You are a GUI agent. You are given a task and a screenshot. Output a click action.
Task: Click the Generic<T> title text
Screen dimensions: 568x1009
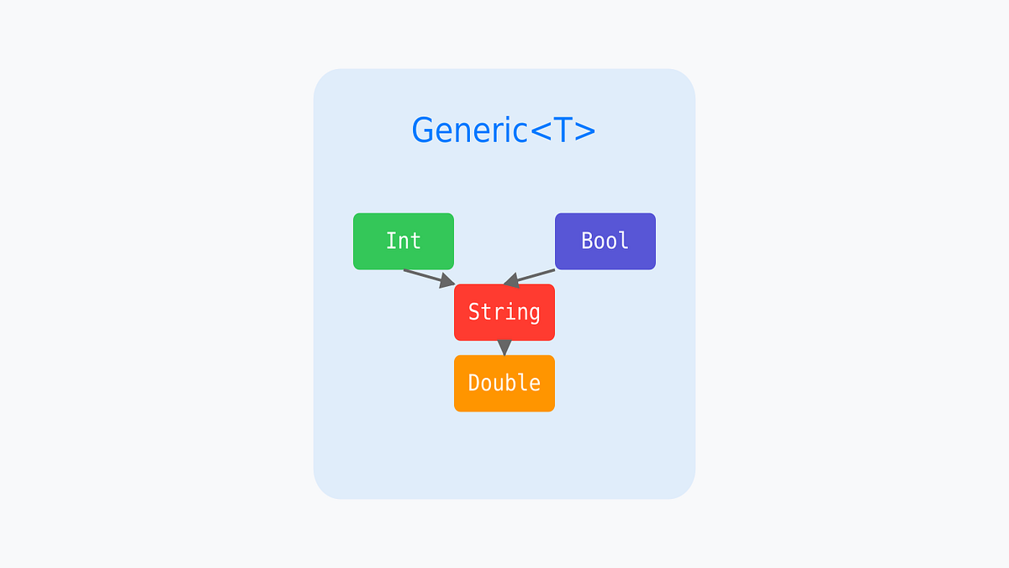tap(503, 130)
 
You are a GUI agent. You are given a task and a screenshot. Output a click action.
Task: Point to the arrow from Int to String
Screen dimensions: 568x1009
tap(425, 277)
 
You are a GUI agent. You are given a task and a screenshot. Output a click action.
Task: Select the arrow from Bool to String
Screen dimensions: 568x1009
tap(533, 276)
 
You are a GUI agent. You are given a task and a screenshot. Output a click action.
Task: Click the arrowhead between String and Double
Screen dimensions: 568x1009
tap(504, 348)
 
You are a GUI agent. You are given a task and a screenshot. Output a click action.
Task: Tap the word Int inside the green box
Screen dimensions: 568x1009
tap(404, 241)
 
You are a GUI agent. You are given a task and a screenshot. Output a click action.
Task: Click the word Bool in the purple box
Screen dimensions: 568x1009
tap(605, 241)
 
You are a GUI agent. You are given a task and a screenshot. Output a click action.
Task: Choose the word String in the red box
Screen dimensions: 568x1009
tap(504, 312)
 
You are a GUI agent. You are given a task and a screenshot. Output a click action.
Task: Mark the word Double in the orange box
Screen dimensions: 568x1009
tap(504, 383)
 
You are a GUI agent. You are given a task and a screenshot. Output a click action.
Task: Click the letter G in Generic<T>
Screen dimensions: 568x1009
tap(422, 130)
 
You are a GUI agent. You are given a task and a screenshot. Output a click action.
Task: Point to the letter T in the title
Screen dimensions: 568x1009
tap(563, 130)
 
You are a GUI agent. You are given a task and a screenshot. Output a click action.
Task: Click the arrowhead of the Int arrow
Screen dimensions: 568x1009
tap(446, 282)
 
